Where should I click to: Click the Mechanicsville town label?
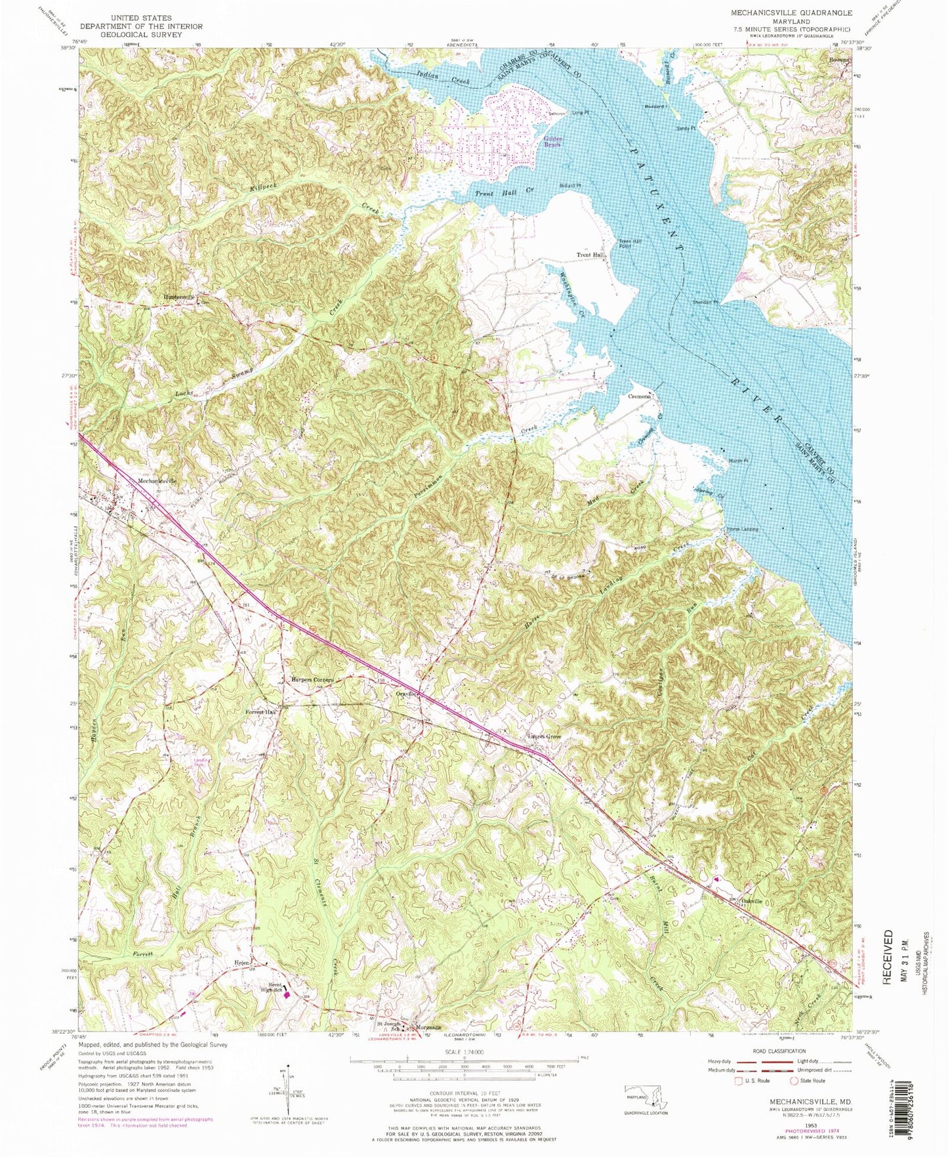click(157, 480)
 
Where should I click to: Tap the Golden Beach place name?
click(553, 141)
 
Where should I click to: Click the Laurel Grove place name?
click(545, 736)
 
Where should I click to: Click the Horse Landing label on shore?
click(741, 529)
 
